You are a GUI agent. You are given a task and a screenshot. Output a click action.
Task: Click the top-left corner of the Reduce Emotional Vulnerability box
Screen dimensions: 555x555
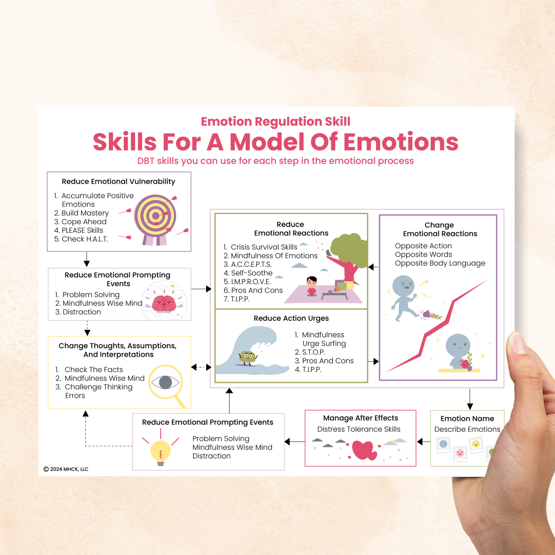pyautogui.click(x=47, y=172)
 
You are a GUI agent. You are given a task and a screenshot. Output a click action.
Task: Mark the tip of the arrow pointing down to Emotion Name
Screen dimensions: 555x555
pyautogui.click(x=470, y=410)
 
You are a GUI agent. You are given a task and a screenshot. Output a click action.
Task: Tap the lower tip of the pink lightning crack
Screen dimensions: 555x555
pyautogui.click(x=387, y=372)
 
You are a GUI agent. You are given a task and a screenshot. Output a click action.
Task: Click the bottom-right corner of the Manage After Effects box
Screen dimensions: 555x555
pyautogui.click(x=416, y=466)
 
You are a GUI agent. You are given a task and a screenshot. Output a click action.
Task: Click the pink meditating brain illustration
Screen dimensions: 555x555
pyautogui.click(x=164, y=304)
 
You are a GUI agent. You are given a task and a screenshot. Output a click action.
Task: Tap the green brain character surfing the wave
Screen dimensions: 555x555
pyautogui.click(x=248, y=357)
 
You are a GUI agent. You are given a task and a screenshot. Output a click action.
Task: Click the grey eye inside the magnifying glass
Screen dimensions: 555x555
pyautogui.click(x=165, y=382)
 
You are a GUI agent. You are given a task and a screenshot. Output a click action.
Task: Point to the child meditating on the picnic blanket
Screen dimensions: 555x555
pyautogui.click(x=311, y=286)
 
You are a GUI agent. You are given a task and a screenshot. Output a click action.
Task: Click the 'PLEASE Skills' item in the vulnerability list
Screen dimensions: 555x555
pyautogui.click(x=82, y=230)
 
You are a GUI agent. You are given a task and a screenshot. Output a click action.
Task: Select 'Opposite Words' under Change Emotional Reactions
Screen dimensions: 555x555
pyautogui.click(x=424, y=254)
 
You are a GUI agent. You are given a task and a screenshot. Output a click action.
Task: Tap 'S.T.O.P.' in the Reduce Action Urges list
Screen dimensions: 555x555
pyautogui.click(x=314, y=352)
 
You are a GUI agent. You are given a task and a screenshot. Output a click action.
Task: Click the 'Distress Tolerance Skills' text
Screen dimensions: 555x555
pyautogui.click(x=359, y=429)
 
